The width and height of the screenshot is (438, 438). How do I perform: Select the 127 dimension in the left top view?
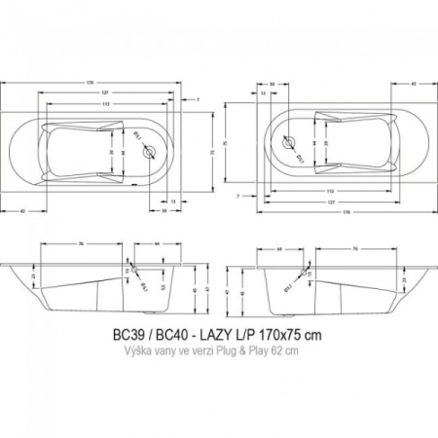(x=117, y=94)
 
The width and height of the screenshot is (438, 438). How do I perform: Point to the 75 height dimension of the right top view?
(x=227, y=146)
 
